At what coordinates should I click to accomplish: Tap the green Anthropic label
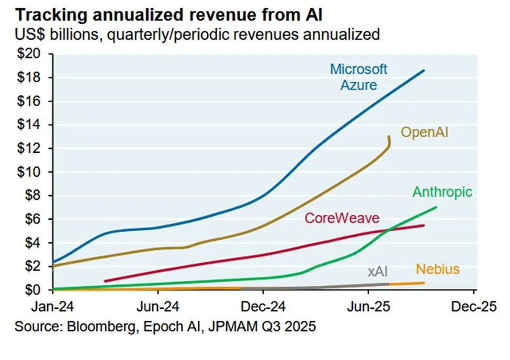(443, 192)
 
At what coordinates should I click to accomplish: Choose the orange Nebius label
(437, 269)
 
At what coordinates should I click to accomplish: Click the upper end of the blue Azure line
(424, 70)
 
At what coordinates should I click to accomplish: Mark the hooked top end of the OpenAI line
(389, 137)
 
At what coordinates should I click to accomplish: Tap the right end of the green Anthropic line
(436, 207)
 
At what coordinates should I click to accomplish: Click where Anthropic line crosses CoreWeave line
(388, 230)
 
